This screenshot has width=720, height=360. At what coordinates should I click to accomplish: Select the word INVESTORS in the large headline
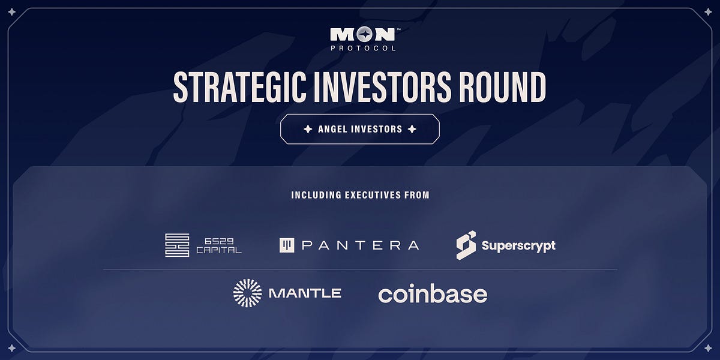pyautogui.click(x=376, y=87)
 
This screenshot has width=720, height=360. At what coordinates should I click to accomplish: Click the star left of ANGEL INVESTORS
pyautogui.click(x=308, y=129)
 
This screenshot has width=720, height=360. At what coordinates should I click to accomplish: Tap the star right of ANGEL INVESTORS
pyautogui.click(x=412, y=129)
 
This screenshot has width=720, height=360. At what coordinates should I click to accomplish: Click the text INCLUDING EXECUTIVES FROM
pyautogui.click(x=360, y=195)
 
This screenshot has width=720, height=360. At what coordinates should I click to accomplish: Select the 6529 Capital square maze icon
pyautogui.click(x=177, y=245)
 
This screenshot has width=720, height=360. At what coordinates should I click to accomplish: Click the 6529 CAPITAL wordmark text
pyautogui.click(x=219, y=245)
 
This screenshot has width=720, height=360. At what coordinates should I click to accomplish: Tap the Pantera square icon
pyautogui.click(x=287, y=245)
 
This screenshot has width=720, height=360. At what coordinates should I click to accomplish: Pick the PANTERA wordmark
pyautogui.click(x=360, y=245)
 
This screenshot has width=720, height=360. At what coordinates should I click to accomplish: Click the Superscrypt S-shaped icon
pyautogui.click(x=466, y=245)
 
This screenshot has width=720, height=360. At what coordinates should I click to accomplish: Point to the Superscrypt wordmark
pyautogui.click(x=518, y=245)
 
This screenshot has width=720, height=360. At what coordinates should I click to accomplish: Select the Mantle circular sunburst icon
pyautogui.click(x=247, y=293)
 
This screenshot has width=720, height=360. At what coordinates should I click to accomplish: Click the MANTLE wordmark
pyautogui.click(x=305, y=293)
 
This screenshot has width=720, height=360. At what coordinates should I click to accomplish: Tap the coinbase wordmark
pyautogui.click(x=433, y=294)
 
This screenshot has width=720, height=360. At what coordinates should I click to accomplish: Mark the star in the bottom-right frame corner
pyautogui.click(x=708, y=348)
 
